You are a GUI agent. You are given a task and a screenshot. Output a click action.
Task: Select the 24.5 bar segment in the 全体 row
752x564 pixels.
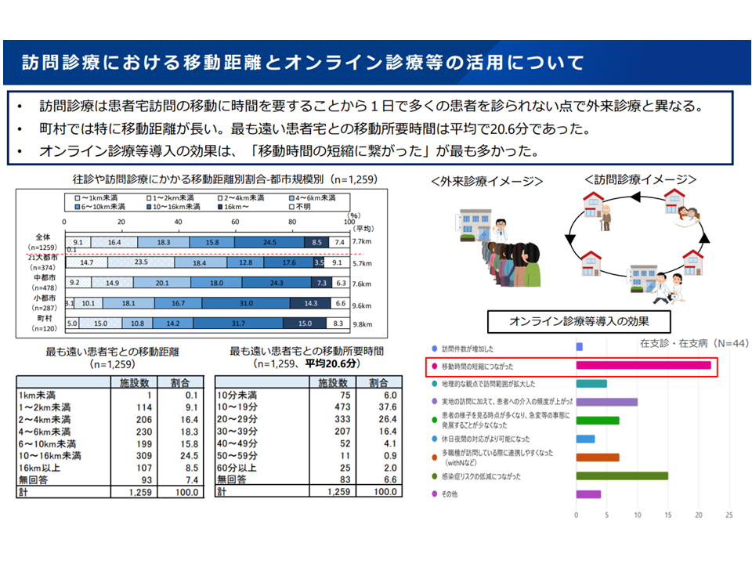(x=269, y=243)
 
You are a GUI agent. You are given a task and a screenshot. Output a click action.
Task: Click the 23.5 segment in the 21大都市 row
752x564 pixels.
(x=142, y=263)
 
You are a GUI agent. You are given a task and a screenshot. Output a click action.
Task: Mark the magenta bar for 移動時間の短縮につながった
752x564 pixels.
(x=643, y=365)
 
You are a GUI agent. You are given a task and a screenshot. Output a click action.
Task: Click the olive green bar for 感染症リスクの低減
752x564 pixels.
(x=622, y=475)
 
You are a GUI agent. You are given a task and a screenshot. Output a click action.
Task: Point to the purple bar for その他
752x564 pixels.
(x=588, y=494)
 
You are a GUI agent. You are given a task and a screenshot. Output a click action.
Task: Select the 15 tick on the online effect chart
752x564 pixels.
(x=667, y=515)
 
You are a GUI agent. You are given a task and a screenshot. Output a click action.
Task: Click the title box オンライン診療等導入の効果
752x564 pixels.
(x=579, y=320)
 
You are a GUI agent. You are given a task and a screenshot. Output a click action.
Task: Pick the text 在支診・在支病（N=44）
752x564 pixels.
(x=684, y=342)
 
